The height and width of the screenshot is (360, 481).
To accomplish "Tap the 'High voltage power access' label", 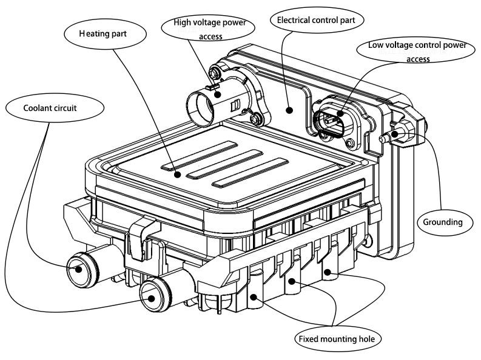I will coord(206,29).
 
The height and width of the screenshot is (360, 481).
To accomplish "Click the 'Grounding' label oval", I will coord(442,222).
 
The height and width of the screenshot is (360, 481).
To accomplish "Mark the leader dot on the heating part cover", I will coord(178,175).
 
